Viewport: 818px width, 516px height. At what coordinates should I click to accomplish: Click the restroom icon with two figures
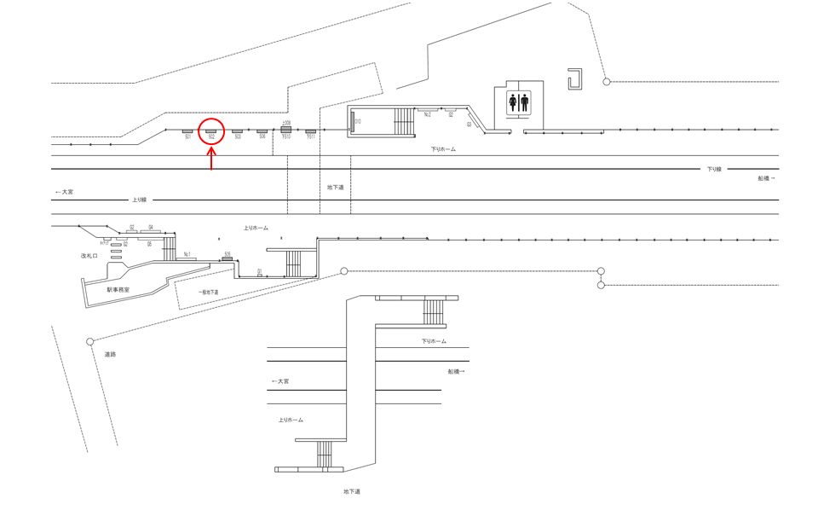[x=518, y=103]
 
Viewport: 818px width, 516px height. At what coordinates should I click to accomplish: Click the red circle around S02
[x=211, y=132]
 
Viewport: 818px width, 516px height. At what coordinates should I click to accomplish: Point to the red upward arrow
[x=211, y=158]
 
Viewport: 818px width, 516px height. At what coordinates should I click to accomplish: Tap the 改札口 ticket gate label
[x=89, y=255]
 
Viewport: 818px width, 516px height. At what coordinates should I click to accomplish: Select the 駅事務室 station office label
[x=118, y=290]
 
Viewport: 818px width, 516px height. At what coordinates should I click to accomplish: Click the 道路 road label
[x=110, y=354]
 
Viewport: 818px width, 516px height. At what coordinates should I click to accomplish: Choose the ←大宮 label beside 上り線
[x=64, y=193]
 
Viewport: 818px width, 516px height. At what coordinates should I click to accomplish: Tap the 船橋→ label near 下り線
[x=766, y=178]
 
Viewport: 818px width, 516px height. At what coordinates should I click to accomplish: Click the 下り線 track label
[x=713, y=169]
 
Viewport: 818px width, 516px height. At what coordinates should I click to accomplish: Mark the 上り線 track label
[x=139, y=200]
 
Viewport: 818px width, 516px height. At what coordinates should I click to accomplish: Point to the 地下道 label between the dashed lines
[x=335, y=187]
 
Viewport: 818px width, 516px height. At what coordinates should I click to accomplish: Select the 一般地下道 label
[x=208, y=293]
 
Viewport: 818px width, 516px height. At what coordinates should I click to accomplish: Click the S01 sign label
[x=187, y=137]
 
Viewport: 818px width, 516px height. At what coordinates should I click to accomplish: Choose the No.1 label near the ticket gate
[x=187, y=254]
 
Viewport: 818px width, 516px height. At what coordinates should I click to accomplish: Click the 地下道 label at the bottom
[x=352, y=492]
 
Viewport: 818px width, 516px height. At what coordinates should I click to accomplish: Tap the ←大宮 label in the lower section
[x=280, y=381]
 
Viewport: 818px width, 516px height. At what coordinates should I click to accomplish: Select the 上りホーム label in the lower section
[x=291, y=420]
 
